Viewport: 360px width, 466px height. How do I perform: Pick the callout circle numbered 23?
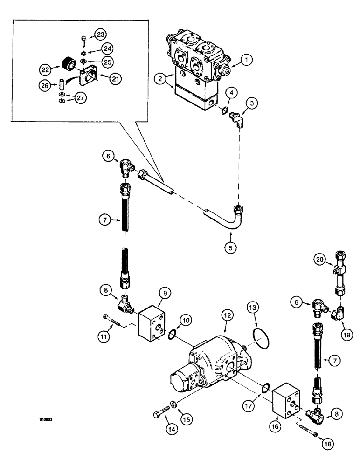(100, 34)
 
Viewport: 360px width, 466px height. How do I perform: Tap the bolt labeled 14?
(161, 413)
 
